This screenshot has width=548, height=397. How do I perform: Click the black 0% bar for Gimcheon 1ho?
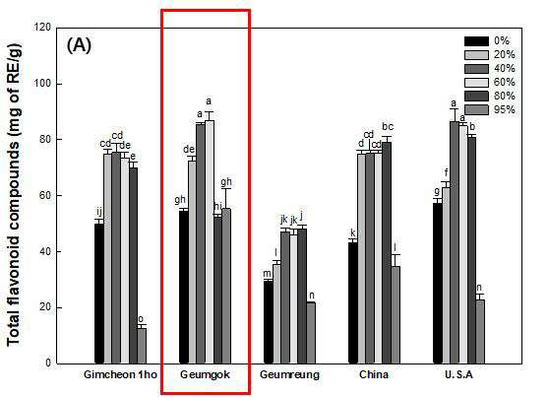[x=99, y=294]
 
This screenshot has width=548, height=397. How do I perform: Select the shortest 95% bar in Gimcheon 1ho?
[x=142, y=346]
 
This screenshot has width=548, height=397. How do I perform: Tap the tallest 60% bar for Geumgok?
[x=210, y=242]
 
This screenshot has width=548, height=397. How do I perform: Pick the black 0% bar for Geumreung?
[x=269, y=322]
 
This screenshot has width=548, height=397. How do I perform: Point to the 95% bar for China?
[x=396, y=315]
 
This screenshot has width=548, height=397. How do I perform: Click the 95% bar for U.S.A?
[x=480, y=332]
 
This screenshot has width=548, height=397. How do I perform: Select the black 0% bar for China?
[x=353, y=303]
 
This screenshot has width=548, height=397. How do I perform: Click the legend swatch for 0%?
[x=476, y=41]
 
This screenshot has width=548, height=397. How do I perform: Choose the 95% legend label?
[x=505, y=110]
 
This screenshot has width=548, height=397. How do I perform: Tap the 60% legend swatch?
[x=476, y=83]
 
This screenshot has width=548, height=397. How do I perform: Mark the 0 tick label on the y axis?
[x=48, y=364]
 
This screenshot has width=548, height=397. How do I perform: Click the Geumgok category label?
[x=205, y=375]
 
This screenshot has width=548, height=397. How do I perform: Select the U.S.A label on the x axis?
[x=458, y=375]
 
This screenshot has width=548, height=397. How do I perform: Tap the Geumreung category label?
[x=289, y=375]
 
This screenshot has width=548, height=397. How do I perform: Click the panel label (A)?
[x=79, y=45]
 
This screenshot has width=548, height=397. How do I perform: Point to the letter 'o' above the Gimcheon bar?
[x=141, y=319]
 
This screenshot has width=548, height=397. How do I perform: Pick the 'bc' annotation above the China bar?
[x=388, y=126]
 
